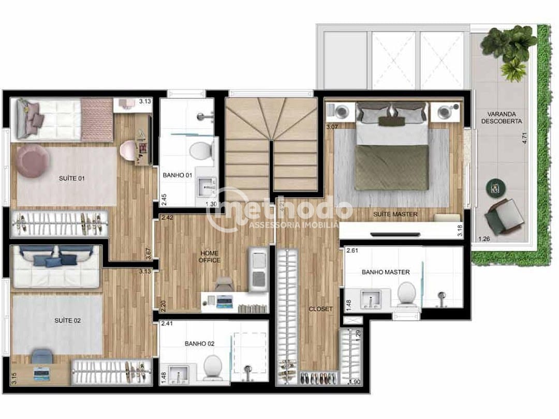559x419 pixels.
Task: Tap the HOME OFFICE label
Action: (x=210, y=257)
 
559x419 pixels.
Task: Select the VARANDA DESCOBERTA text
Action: (x=501, y=117)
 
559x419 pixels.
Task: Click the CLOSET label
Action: (x=321, y=309)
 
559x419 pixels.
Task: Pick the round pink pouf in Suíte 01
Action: (x=33, y=161)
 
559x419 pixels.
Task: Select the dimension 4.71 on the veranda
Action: (x=524, y=138)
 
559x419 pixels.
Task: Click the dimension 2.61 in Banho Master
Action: (x=352, y=251)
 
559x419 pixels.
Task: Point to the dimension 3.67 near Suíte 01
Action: (x=149, y=254)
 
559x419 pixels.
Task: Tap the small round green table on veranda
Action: (x=496, y=187)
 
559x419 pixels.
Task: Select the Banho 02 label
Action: (x=199, y=343)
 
